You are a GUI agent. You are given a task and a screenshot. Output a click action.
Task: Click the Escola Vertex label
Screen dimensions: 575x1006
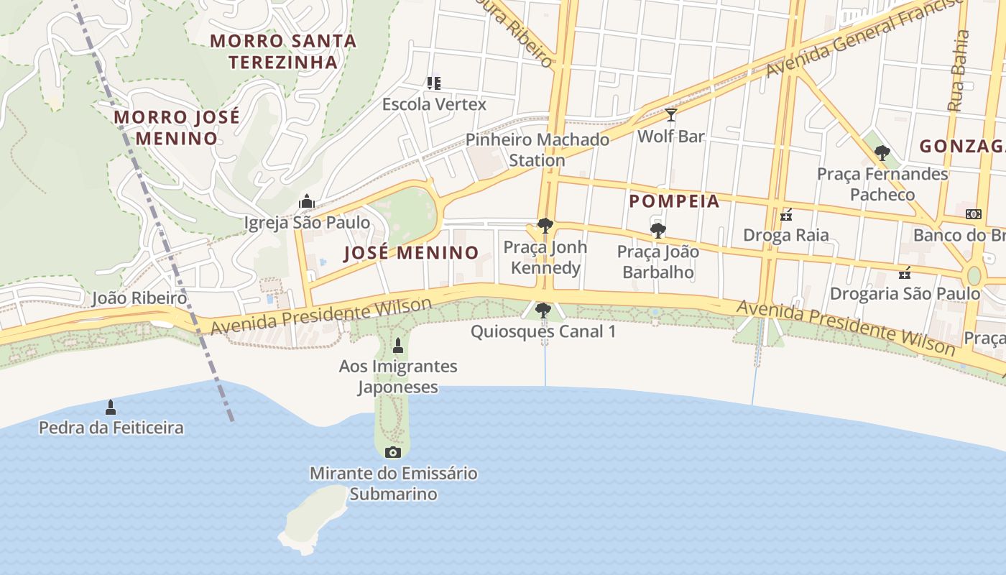click(434, 104)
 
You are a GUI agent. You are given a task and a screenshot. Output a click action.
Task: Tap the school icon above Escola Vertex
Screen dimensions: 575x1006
click(433, 83)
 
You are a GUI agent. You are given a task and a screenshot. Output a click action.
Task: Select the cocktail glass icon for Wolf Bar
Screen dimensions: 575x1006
click(670, 115)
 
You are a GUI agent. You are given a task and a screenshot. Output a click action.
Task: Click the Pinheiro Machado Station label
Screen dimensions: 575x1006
click(537, 149)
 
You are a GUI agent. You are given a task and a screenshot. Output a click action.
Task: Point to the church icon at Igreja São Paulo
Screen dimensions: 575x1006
click(307, 201)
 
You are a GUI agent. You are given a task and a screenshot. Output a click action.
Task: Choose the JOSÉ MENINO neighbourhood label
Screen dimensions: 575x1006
click(411, 253)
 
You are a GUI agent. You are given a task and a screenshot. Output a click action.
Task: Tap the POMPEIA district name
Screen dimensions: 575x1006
click(674, 201)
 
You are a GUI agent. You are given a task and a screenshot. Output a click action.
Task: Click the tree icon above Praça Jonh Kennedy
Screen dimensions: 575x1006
click(545, 226)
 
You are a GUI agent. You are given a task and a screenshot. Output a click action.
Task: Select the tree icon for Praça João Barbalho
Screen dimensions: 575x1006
click(657, 231)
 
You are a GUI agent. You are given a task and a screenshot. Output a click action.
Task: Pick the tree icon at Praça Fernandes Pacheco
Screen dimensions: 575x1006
click(882, 153)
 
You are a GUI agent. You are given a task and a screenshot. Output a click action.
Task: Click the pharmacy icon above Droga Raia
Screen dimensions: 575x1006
click(786, 214)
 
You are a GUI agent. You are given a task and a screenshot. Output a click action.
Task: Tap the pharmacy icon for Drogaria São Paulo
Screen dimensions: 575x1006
click(905, 272)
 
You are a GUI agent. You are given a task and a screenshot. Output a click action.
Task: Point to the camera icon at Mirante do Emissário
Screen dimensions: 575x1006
click(392, 452)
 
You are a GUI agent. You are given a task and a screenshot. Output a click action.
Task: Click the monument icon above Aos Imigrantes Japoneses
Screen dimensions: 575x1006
click(398, 346)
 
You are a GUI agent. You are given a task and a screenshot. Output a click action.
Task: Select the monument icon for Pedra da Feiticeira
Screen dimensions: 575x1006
click(111, 408)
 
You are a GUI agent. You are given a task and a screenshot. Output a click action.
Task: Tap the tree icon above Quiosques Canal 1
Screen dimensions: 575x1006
click(543, 310)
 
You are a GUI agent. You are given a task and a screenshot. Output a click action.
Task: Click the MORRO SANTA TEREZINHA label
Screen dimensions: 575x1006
click(283, 51)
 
